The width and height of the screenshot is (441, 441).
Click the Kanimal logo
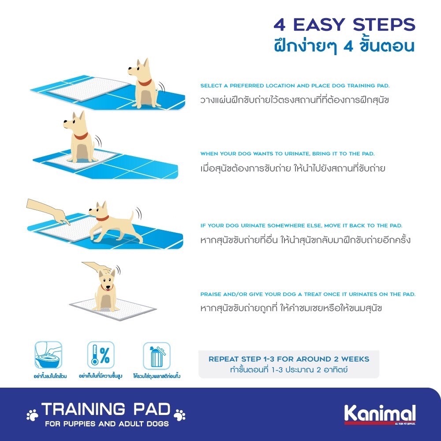pos(380,414)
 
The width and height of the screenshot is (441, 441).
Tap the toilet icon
pos(49,355)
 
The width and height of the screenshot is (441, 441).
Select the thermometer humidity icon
pos(101,355)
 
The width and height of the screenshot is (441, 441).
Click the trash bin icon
pos(157,356)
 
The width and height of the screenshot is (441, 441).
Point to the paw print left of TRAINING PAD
pos(32,415)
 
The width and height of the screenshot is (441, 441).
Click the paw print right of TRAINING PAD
pos(180,415)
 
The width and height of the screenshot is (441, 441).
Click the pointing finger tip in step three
pos(69,224)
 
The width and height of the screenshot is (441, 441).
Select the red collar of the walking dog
pos(103,218)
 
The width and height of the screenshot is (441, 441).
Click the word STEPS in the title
pos(384,25)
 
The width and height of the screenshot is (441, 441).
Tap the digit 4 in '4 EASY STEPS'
pos(280,25)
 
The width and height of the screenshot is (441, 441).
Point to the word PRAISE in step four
pos(210,294)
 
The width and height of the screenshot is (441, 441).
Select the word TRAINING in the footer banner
pos(83,409)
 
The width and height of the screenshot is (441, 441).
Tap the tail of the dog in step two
pos(97,142)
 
